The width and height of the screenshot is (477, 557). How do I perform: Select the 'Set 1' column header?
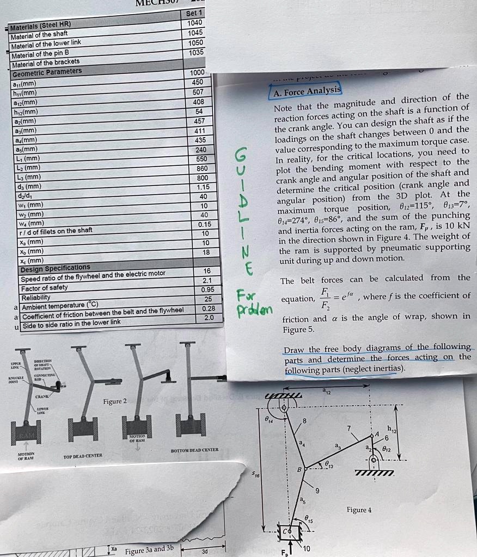point(194,13)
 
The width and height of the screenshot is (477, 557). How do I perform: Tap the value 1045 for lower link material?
point(195,33)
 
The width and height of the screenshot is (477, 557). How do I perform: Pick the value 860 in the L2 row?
point(201,168)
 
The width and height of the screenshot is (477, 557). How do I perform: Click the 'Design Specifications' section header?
point(55,268)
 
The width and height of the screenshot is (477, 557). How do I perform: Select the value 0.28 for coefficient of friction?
point(208,308)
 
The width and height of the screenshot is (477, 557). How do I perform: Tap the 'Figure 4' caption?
point(359,510)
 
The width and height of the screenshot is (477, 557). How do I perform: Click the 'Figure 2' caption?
point(115,401)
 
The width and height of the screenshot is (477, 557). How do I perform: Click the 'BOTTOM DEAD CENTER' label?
point(194,450)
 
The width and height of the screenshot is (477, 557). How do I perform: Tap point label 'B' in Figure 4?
point(299,469)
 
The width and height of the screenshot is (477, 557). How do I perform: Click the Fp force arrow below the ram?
point(294,546)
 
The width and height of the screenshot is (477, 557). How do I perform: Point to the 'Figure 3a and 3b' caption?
point(149,549)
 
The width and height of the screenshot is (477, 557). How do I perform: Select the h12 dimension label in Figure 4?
point(392,430)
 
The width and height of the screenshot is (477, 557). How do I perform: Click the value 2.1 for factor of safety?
point(206,281)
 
